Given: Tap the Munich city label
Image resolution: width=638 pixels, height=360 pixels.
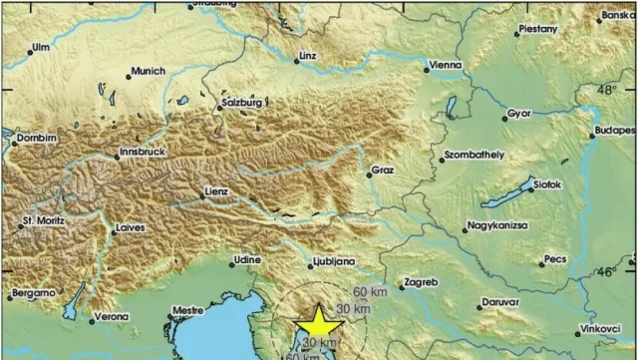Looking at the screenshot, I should (x=148, y=72).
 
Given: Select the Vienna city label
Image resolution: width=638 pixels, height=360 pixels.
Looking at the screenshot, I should (x=444, y=66).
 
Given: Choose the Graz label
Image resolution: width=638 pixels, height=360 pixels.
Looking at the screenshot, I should (x=383, y=171).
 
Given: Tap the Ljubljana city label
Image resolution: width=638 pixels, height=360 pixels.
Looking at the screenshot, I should (x=335, y=260).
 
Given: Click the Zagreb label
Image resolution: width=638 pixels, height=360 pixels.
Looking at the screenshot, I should (x=419, y=282).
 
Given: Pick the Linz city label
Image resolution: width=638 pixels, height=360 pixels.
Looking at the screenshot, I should (x=306, y=57).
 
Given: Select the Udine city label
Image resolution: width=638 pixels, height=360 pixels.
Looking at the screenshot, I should (x=248, y=259).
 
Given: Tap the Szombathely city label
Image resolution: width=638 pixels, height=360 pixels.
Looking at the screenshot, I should (x=475, y=156).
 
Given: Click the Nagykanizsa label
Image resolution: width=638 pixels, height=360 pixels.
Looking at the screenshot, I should (x=501, y=228).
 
